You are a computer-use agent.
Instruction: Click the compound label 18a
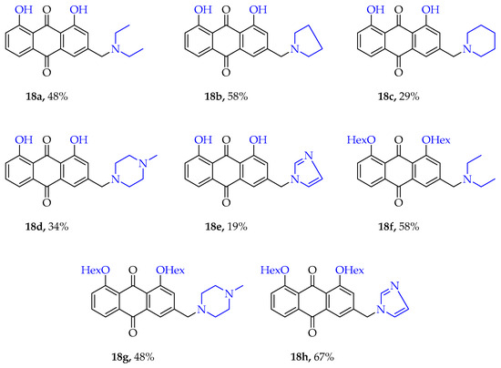[36, 97]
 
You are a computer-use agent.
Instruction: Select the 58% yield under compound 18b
[238, 97]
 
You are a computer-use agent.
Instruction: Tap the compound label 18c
[387, 97]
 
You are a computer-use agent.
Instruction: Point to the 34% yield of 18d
[58, 227]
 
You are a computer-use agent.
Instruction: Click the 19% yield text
[238, 227]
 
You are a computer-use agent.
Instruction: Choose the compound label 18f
[387, 227]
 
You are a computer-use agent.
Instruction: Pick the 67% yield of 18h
[323, 357]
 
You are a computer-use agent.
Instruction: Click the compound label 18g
[122, 357]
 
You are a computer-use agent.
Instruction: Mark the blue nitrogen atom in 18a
[116, 49]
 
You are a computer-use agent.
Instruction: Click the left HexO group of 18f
[362, 140]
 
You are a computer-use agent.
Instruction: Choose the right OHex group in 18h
[350, 271]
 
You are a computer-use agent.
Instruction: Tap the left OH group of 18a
[24, 10]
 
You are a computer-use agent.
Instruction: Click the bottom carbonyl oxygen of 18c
[398, 73]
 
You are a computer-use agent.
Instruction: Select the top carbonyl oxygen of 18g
[133, 271]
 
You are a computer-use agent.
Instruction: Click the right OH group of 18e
[258, 140]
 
